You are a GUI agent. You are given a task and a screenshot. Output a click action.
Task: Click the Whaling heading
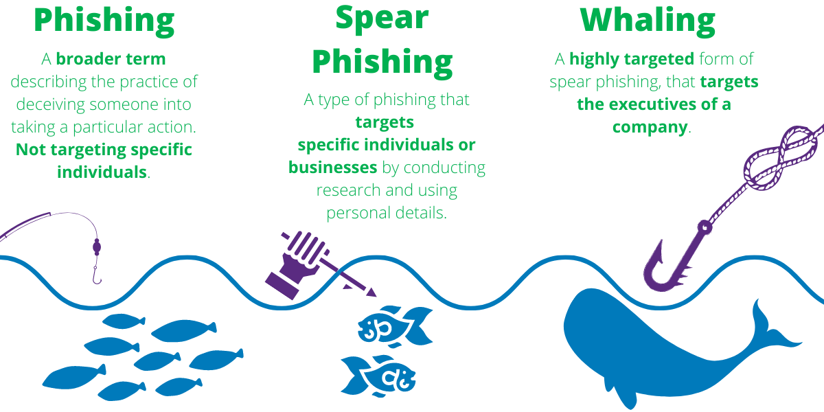(x=648, y=21)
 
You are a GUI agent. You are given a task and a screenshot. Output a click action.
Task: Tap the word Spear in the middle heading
(x=382, y=19)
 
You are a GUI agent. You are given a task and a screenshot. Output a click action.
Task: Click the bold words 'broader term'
(x=111, y=59)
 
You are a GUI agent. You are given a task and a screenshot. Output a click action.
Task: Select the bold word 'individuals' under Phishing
(x=102, y=172)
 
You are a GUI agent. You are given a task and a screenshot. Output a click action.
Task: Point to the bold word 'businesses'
(x=333, y=168)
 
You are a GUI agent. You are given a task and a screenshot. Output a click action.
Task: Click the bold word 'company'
(x=650, y=128)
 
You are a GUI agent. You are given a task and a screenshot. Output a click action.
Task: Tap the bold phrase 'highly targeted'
(x=632, y=60)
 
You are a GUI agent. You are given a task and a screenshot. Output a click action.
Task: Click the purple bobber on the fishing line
(x=97, y=247)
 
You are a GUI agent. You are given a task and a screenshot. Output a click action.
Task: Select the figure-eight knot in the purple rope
(x=780, y=158)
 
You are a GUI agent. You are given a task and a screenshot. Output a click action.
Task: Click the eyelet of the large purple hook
(x=705, y=227)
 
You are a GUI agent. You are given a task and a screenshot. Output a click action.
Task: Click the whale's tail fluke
(x=772, y=331)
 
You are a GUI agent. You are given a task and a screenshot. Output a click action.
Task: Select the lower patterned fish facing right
(x=378, y=376)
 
